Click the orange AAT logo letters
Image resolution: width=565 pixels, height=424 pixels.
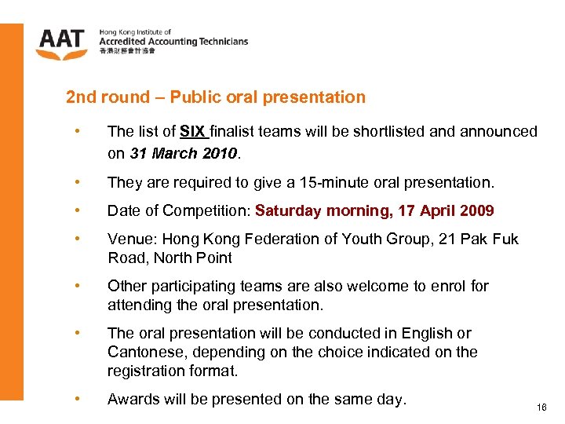click(60, 39)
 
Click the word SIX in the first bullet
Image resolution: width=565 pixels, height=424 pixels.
click(192, 131)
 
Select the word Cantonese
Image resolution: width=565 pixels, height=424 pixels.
click(143, 352)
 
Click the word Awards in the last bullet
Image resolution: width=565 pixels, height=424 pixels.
click(133, 399)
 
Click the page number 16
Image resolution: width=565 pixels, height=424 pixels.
click(541, 408)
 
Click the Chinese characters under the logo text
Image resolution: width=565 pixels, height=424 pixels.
click(127, 51)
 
